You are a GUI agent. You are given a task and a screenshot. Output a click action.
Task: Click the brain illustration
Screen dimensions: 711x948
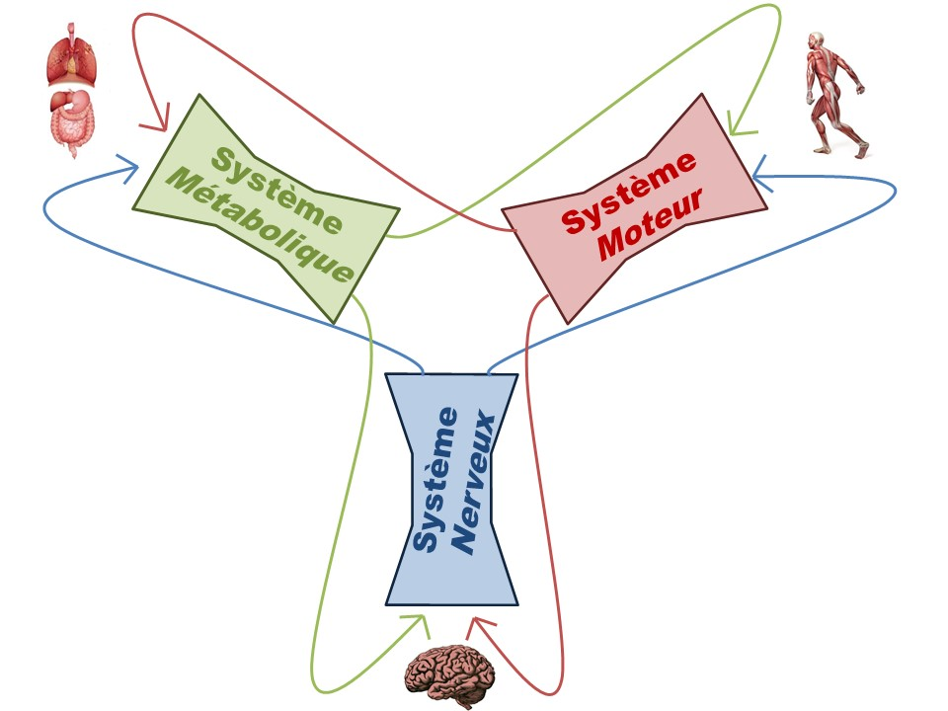click(x=452, y=674)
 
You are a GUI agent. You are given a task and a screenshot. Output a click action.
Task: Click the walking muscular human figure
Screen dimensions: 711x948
click(x=832, y=94)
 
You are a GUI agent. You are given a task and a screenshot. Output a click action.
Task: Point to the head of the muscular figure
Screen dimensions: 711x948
click(x=817, y=41)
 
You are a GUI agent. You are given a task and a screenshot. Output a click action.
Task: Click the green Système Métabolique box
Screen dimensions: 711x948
click(x=266, y=208)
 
